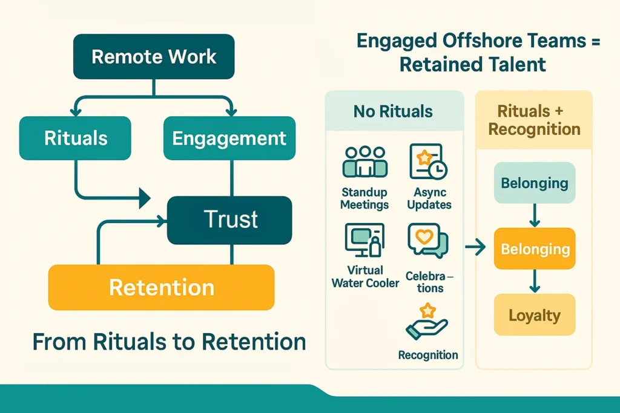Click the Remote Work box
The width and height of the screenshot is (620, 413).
[x=154, y=57]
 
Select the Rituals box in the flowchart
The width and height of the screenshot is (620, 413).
[x=76, y=138]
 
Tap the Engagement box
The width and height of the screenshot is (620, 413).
[x=229, y=138]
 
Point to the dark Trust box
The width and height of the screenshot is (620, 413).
[x=230, y=220]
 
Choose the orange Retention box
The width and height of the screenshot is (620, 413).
[x=161, y=287]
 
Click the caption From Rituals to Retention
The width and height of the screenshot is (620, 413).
[x=169, y=342]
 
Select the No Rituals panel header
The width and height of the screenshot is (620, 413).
[x=394, y=111]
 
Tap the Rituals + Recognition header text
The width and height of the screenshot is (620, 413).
[x=534, y=120]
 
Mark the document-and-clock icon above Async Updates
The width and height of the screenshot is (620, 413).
[x=428, y=161]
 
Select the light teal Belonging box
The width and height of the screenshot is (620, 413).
[x=534, y=183]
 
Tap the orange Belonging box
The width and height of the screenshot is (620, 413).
[x=534, y=249]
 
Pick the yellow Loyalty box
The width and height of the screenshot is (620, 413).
[x=534, y=315]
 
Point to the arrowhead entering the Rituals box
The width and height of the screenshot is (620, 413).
[x=76, y=112]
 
